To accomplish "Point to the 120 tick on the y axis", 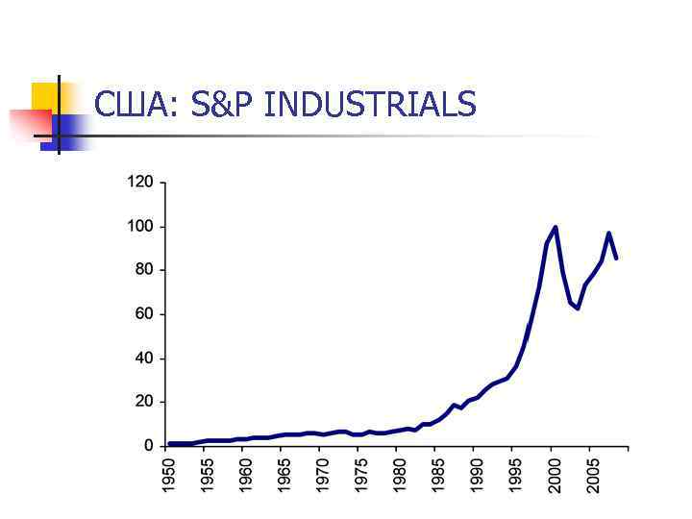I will tap(140, 183).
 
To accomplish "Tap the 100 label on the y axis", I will tap(140, 227).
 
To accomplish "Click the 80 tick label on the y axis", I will tap(144, 270).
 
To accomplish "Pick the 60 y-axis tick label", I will tap(144, 314).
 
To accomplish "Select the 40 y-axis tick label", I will tap(144, 358).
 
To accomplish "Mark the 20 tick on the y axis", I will tap(144, 402).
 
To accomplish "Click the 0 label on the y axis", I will tap(148, 446).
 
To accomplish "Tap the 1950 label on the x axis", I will tap(169, 477).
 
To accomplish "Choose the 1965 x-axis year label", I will tap(285, 477).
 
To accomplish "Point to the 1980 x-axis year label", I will tap(401, 477).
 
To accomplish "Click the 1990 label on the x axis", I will tap(478, 477).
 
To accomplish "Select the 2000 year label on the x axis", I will tap(556, 477).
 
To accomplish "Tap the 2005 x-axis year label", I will tap(594, 477).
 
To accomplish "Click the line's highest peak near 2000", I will tap(556, 228).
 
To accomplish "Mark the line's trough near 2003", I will tap(578, 308).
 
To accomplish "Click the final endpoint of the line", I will tap(616, 258).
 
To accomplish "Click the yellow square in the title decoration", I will tap(44, 96).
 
